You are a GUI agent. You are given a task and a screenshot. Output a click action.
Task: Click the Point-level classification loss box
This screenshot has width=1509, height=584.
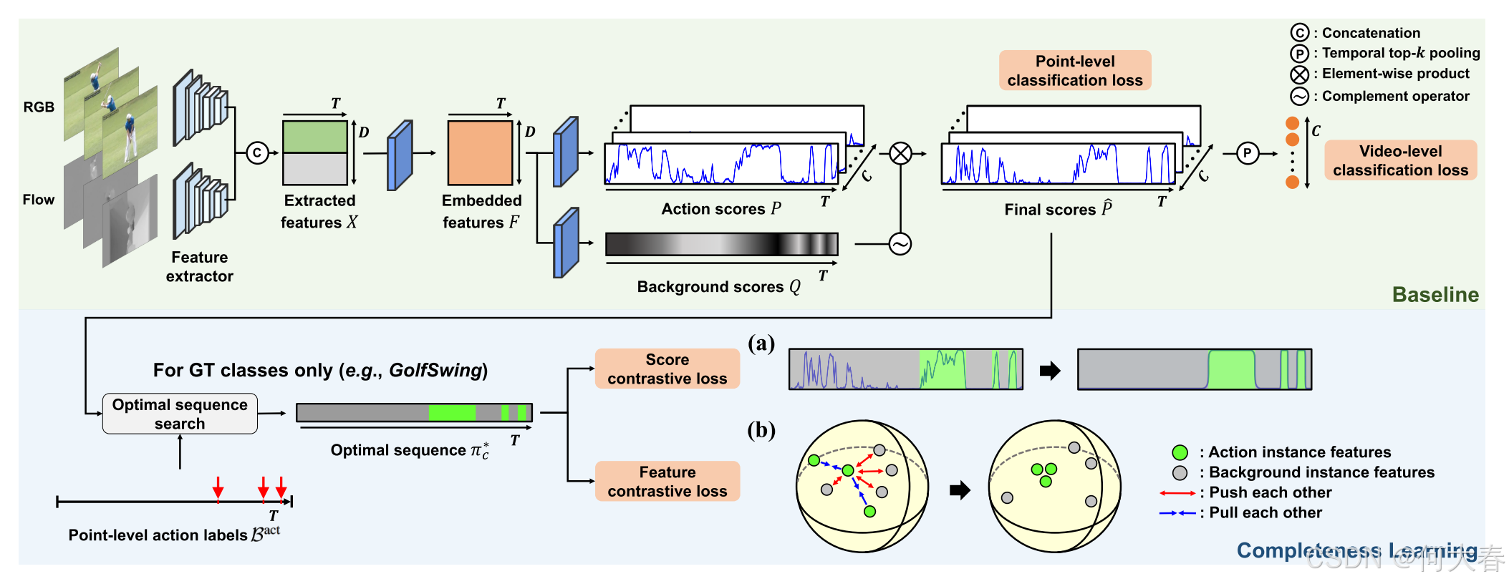(1074, 70)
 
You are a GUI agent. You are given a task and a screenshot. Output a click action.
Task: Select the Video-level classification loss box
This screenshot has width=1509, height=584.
(1400, 160)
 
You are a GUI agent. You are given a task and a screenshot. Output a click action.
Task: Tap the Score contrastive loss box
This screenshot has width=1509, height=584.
(667, 369)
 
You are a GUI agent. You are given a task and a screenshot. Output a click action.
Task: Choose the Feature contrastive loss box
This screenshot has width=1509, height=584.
(667, 481)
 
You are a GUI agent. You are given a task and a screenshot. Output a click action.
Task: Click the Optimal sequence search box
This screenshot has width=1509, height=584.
(180, 414)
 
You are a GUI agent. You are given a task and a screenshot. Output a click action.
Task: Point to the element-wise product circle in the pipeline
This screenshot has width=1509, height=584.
(900, 153)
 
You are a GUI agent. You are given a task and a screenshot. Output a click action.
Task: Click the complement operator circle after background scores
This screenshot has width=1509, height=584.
(900, 244)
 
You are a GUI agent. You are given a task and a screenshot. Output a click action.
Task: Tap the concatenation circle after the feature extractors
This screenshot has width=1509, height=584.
(257, 152)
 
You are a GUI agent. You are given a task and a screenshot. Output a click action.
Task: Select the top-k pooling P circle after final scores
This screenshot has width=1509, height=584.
(1248, 153)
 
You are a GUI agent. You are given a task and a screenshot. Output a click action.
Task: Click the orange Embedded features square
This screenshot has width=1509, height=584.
(480, 152)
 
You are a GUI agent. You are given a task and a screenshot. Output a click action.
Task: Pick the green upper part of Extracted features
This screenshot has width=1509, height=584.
(315, 137)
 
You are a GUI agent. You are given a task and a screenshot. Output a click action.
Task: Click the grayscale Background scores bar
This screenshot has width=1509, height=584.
(721, 244)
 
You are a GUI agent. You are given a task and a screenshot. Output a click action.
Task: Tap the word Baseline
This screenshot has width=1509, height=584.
(1435, 295)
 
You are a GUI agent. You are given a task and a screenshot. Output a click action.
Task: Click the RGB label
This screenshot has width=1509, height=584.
(39, 107)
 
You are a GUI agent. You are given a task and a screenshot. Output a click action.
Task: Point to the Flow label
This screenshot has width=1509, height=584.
(38, 200)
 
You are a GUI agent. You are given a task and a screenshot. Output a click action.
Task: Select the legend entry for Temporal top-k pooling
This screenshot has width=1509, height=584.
(1400, 53)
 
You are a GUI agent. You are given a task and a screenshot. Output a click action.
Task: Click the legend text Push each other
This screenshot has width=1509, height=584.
(1270, 492)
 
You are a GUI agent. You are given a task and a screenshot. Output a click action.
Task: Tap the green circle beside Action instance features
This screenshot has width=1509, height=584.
(1180, 452)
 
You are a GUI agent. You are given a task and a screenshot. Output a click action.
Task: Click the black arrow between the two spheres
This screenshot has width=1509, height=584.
(960, 490)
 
